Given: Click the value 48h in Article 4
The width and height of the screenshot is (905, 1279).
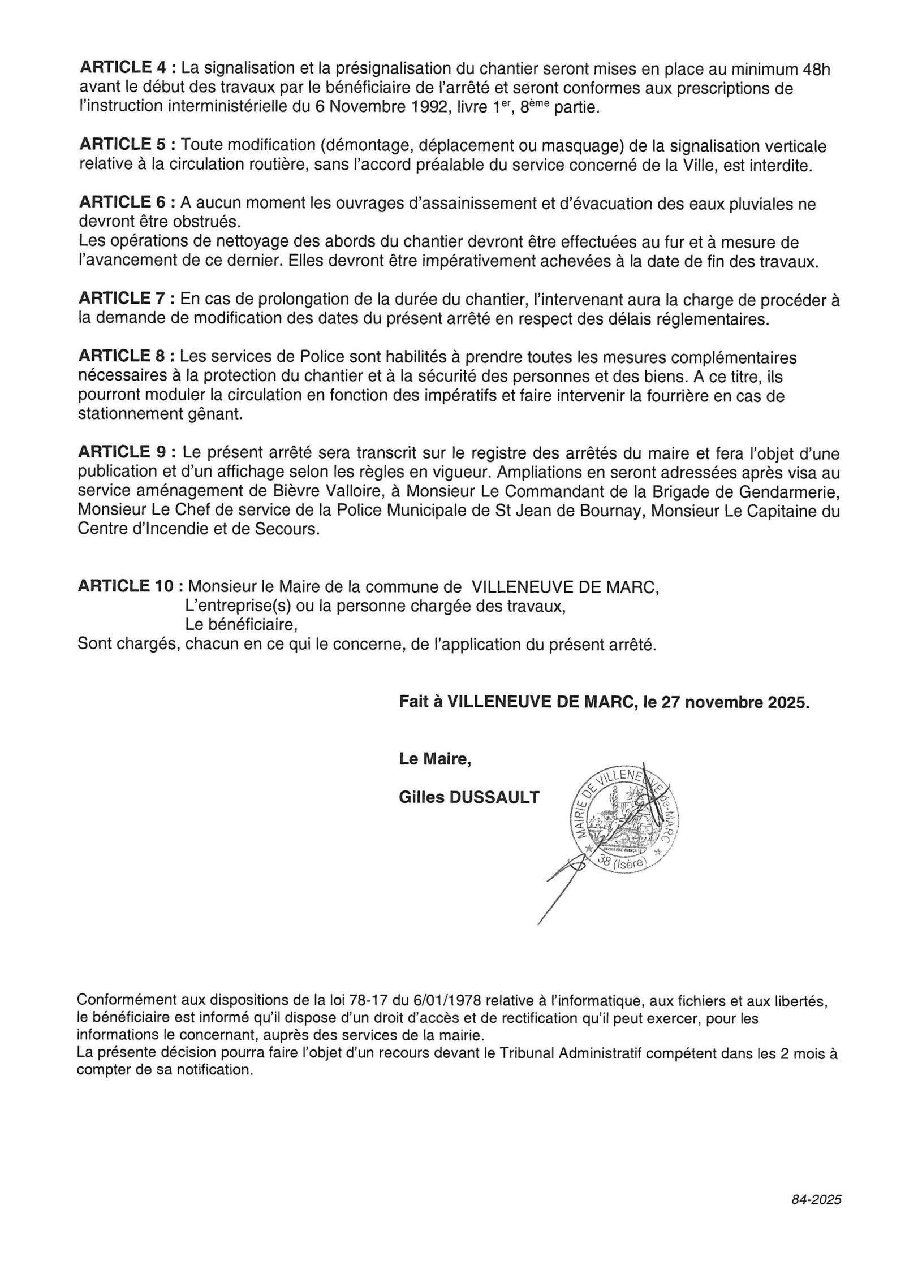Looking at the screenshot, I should [817, 68].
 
